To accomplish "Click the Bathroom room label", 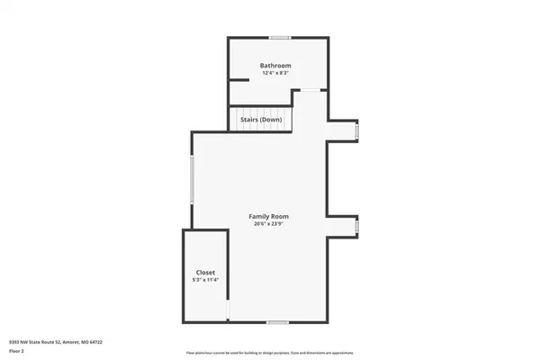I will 275,66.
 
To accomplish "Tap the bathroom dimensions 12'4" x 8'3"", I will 275,74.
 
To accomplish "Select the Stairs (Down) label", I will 261,119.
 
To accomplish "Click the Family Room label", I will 269,216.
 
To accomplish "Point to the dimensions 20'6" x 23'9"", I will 269,224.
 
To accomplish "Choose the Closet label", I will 205,272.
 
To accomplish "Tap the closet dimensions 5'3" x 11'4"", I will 205,280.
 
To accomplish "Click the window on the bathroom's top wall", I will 279,37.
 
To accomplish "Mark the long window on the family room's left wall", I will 191,179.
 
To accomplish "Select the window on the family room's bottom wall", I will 277,322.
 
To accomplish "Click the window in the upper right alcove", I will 356,131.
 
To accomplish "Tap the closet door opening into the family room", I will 228,310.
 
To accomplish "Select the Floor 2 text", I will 16,351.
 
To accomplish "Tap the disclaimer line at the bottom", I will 269,354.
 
